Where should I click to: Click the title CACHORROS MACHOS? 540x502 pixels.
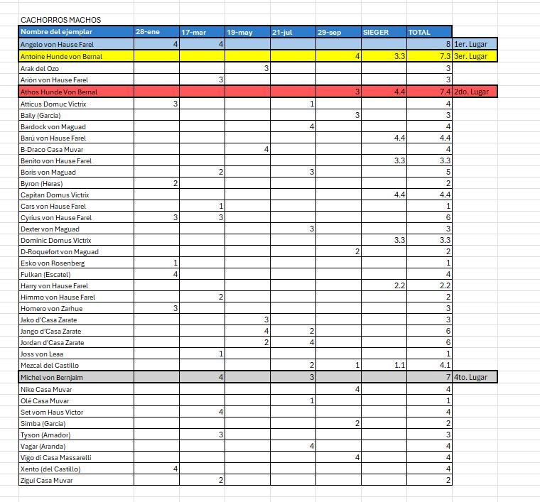60,20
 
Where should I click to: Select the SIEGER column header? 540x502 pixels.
376,32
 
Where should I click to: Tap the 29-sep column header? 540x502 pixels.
330,32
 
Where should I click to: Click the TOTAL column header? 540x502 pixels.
419,32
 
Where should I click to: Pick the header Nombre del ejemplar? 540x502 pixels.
56,32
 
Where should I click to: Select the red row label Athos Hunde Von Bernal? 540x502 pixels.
59,92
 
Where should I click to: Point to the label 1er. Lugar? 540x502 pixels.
470,44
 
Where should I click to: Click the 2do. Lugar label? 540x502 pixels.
470,92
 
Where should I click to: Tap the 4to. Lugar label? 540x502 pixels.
470,377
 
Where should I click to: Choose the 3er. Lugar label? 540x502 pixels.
470,55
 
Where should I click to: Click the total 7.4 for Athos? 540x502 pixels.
445,92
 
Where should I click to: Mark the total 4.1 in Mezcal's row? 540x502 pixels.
445,365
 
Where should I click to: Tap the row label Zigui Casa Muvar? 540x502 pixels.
46,481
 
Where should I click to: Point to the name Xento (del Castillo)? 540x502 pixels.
50,469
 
